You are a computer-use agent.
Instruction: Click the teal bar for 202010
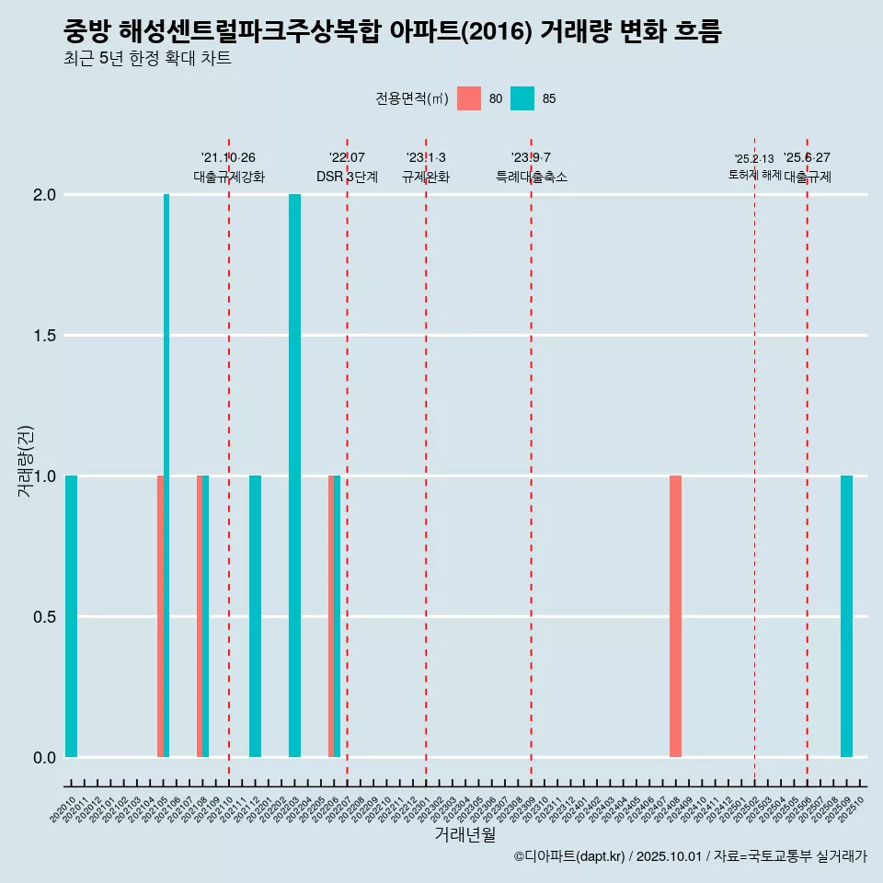(71, 616)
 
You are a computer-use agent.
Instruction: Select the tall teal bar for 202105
(166, 476)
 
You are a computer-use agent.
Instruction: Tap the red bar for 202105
(160, 616)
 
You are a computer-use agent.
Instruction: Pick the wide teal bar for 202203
(294, 476)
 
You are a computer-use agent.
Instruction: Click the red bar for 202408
(675, 616)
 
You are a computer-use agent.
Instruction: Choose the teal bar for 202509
(846, 616)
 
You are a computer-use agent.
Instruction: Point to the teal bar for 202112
(255, 616)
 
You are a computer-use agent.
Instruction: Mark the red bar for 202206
(331, 616)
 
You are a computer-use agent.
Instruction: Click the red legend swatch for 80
(469, 98)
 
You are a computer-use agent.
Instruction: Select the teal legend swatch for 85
(522, 98)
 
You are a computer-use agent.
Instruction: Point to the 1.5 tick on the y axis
(44, 336)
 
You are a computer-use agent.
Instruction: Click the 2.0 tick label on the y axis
(44, 195)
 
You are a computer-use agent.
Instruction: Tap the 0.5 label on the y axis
(44, 616)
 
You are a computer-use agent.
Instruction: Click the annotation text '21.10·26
(228, 157)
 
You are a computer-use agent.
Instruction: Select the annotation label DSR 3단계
(347, 177)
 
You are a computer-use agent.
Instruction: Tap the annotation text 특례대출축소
(531, 177)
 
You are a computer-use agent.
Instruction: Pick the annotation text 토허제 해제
(754, 175)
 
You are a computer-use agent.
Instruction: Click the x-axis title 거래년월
(464, 834)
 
